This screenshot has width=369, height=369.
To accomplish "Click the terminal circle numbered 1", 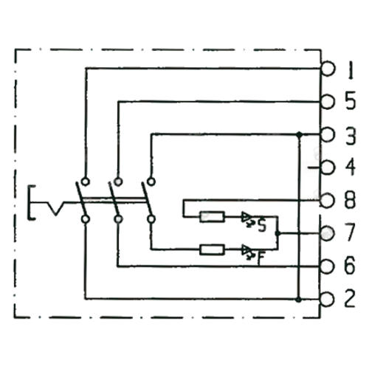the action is [x=328, y=69].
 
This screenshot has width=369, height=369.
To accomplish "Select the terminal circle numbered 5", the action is [x=328, y=101].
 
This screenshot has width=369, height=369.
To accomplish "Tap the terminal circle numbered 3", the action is [x=328, y=134].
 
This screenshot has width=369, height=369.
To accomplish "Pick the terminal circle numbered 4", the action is [x=328, y=168].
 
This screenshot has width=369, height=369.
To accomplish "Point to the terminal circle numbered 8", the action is [x=327, y=201].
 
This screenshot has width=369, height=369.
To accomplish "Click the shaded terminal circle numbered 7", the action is [x=327, y=233].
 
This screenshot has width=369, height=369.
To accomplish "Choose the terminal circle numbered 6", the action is [x=327, y=266].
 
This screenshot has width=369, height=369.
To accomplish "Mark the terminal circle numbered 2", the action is [x=327, y=300].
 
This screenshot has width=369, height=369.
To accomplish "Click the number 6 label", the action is [x=349, y=266].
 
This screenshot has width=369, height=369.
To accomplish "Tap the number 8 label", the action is [x=350, y=200].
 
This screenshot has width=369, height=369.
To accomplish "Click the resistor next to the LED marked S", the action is [x=212, y=217].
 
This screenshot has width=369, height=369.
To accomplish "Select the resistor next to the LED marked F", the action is [x=212, y=249].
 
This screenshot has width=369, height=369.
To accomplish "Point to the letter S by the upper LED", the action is [x=262, y=227].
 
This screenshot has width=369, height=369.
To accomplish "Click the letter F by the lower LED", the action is [x=261, y=258].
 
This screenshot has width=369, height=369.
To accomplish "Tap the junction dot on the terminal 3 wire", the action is [x=299, y=134].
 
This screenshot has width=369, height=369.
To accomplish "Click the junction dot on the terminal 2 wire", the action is [x=299, y=300].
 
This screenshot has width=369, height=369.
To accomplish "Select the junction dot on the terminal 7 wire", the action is [x=277, y=233].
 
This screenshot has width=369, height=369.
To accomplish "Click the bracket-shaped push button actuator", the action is [x=30, y=202].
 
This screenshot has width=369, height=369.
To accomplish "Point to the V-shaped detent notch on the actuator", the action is [x=56, y=209].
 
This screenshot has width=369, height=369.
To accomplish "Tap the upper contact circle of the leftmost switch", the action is [x=86, y=182].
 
